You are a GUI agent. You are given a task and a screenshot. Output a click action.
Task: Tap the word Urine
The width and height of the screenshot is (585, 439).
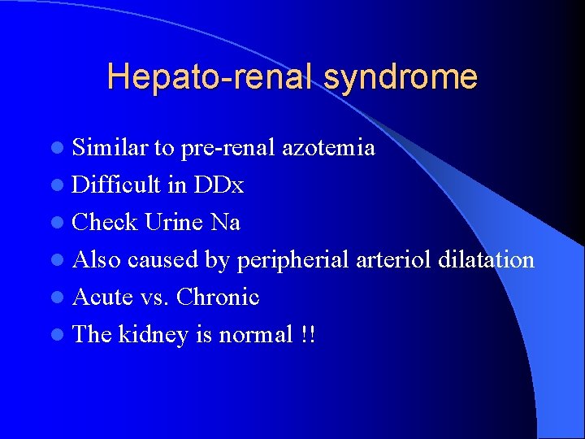click(x=175, y=222)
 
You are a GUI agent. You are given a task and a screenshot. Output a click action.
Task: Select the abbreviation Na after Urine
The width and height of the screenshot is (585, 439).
click(x=226, y=222)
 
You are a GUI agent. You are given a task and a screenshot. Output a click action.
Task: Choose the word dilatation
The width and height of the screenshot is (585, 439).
click(x=486, y=259)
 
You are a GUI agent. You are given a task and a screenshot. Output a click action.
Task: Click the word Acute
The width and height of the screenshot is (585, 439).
click(x=102, y=297)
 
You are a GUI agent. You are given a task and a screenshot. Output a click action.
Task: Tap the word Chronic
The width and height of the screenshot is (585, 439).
click(x=218, y=297)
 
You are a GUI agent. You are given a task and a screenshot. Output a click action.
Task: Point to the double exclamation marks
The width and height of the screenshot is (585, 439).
click(x=307, y=334)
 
